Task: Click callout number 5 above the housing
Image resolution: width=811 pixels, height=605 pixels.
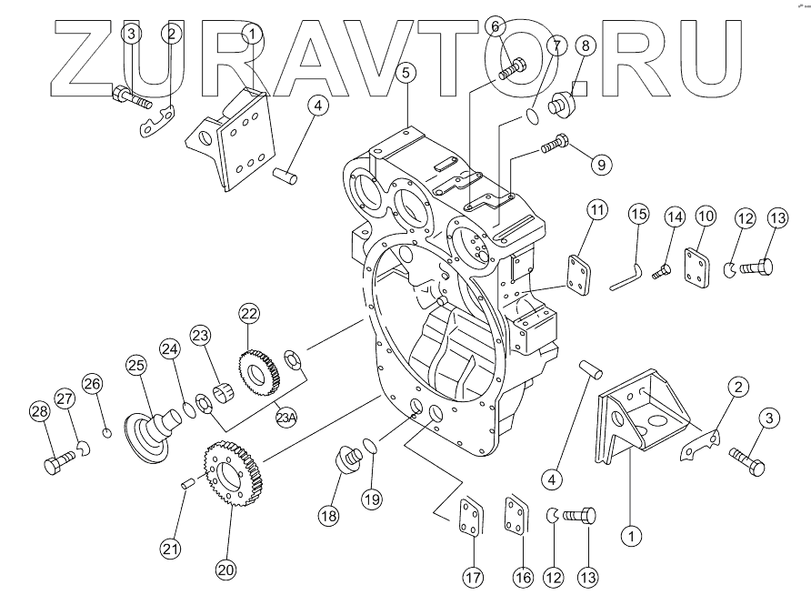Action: click(x=405, y=70)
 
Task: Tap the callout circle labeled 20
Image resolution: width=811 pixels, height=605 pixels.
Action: click(x=225, y=570)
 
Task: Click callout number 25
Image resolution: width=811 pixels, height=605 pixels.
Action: click(x=136, y=365)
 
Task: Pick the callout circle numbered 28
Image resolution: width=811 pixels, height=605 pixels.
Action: click(x=38, y=412)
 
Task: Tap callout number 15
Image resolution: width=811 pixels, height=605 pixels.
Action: click(x=638, y=215)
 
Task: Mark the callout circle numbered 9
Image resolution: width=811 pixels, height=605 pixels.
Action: click(x=601, y=164)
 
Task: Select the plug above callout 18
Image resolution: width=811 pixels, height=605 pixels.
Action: click(x=346, y=459)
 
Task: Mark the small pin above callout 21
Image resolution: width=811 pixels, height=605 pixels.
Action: click(x=187, y=482)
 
